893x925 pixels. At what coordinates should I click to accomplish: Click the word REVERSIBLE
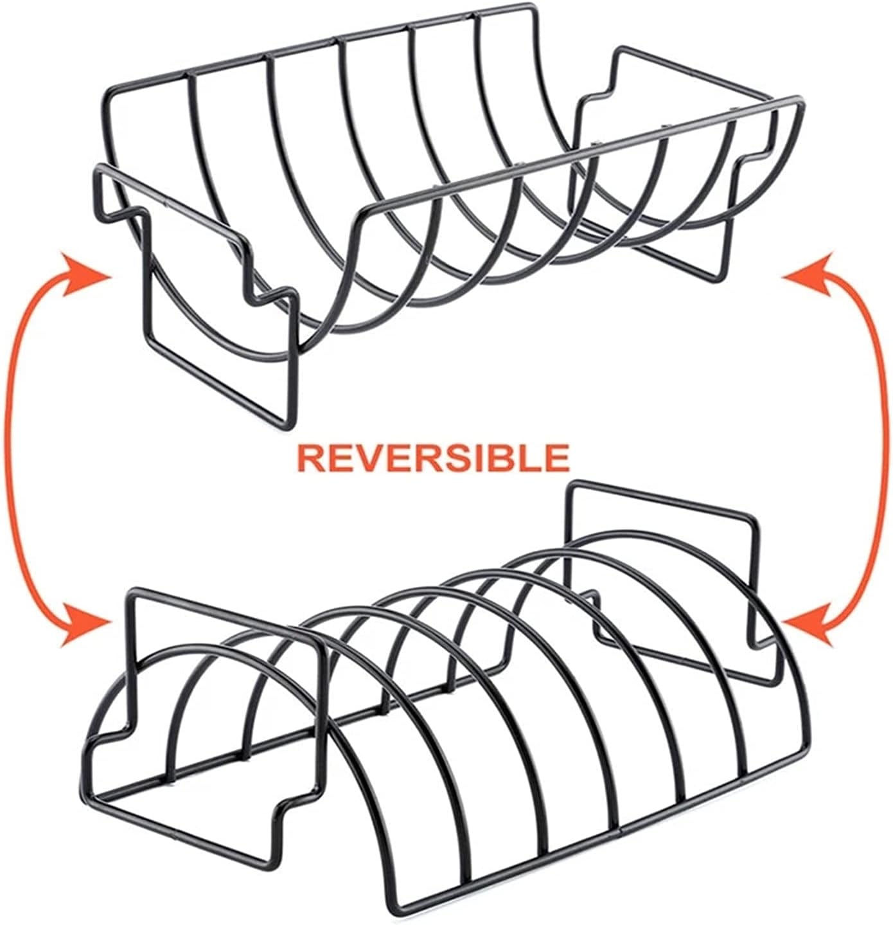coord(432,457)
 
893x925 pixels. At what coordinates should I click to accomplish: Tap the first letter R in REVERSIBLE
coord(310,457)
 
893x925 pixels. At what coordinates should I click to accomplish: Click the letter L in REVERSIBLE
coord(529,457)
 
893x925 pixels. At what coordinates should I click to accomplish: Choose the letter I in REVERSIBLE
coord(476,457)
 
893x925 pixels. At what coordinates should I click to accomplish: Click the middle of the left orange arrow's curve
coord(9,444)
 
